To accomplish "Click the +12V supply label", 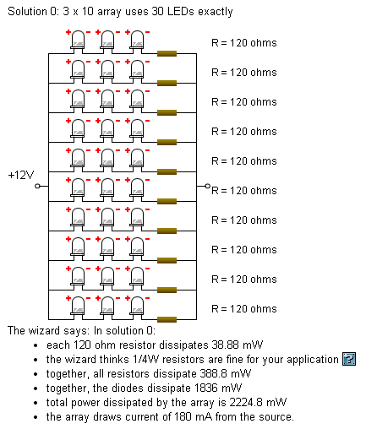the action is click(21, 175).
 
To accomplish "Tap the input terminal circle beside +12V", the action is click(37, 186).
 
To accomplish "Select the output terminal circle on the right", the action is click(208, 186).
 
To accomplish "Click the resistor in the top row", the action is click(167, 53).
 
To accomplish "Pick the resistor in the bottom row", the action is click(167, 319).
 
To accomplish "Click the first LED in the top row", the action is click(77, 41).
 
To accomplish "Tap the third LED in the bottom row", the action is click(137, 307).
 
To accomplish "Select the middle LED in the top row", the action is click(107, 41).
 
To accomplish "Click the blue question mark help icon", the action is click(349, 359).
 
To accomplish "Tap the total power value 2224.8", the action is click(246, 402).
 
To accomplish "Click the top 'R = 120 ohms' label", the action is click(244, 43).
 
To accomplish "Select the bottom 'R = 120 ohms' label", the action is click(244, 309).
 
